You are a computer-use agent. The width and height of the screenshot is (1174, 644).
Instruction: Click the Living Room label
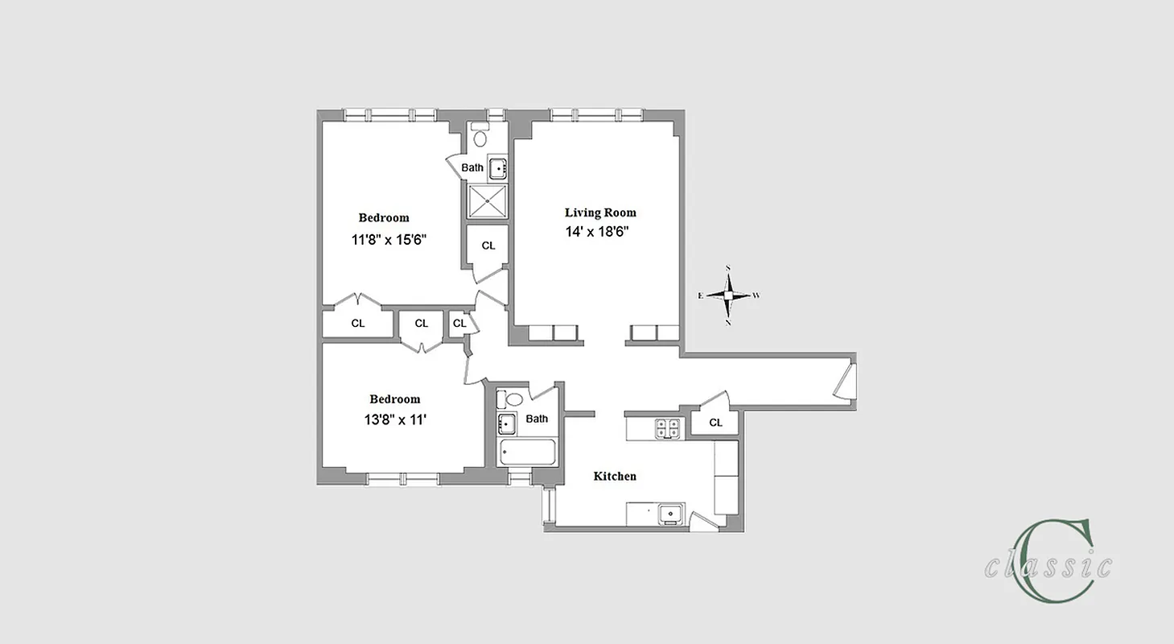[600, 213]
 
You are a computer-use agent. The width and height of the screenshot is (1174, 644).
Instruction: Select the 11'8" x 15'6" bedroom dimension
[388, 239]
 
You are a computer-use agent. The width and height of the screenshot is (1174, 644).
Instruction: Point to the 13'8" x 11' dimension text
[394, 419]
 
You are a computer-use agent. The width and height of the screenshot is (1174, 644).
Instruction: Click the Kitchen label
[615, 477]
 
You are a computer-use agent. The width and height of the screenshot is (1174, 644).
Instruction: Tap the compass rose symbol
[728, 295]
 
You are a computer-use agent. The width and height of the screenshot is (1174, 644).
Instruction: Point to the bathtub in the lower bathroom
[529, 452]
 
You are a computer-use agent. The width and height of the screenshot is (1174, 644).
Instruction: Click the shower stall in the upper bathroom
[486, 200]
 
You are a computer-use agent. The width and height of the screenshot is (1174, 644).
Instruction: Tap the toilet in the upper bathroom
[480, 136]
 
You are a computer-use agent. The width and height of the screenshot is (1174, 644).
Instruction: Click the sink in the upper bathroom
[499, 169]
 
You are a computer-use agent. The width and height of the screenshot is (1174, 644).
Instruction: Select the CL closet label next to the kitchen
[715, 423]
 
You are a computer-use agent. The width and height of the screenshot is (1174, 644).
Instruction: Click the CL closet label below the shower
[488, 246]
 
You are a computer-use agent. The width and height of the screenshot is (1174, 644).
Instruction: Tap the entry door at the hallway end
[843, 382]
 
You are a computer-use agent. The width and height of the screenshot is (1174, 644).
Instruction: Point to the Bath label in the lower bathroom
[537, 419]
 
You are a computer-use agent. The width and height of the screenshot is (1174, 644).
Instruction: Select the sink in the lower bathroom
[507, 424]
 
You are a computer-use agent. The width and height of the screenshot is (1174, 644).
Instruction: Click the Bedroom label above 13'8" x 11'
[394, 399]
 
